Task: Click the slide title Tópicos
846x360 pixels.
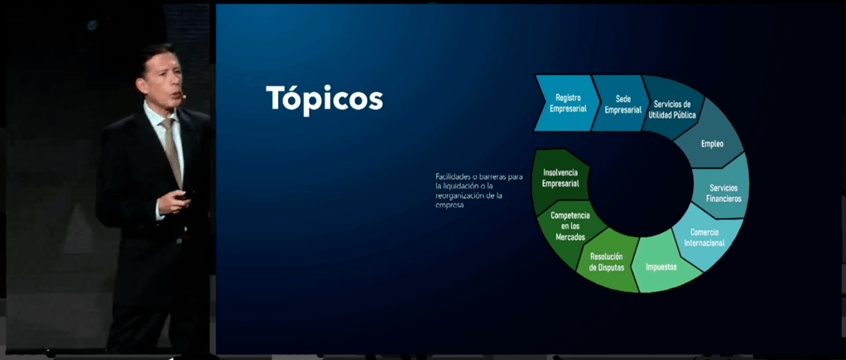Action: click(324, 100)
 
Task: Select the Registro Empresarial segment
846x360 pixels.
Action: click(567, 103)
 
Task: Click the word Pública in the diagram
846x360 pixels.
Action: click(684, 115)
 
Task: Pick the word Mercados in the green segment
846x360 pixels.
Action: click(570, 237)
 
